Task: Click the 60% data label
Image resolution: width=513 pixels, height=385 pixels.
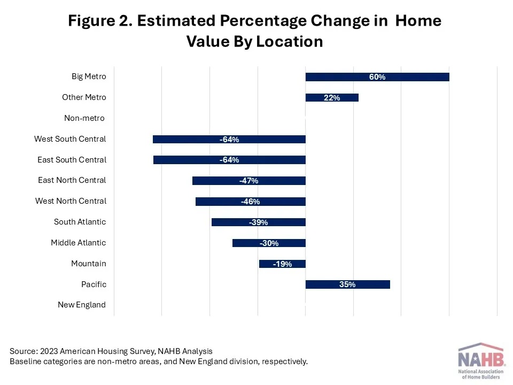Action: pos(377,77)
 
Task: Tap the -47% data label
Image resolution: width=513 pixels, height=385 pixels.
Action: pos(249,181)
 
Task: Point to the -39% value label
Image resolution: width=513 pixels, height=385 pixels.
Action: pos(259,222)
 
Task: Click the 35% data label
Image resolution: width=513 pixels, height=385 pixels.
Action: pos(347,284)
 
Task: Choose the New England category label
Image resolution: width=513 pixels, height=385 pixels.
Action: pos(82,305)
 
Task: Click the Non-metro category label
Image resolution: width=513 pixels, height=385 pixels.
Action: pos(84,118)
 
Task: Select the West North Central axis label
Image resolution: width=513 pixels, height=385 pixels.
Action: pos(71,201)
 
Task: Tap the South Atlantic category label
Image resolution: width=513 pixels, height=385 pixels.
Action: pos(80,222)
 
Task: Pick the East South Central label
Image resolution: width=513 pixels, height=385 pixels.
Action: pos(72,160)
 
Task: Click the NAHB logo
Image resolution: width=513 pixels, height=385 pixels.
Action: pos(480,361)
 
